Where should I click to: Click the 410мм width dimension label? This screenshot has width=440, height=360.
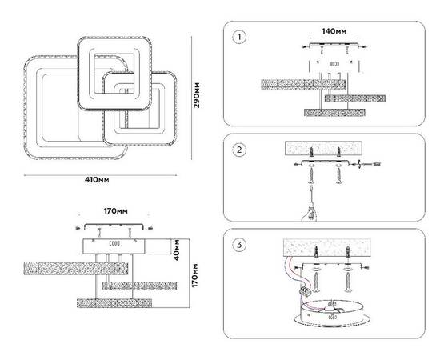click(97, 179)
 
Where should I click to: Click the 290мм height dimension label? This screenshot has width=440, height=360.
click(197, 95)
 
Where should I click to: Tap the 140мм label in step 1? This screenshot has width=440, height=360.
click(334, 31)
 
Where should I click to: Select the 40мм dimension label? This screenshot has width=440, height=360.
click(177, 250)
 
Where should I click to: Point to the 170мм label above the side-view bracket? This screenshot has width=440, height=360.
click(116, 210)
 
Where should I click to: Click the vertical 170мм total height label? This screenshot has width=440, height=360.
click(195, 275)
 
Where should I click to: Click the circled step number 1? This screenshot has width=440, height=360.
click(239, 38)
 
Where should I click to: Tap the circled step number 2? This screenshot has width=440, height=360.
click(239, 150)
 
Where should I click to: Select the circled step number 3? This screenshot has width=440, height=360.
click(239, 245)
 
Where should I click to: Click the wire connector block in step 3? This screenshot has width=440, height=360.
click(306, 290)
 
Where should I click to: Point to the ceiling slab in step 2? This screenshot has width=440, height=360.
click(323, 149)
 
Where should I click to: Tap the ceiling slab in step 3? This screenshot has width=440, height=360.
click(327, 247)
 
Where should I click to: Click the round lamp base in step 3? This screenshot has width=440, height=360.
click(332, 314)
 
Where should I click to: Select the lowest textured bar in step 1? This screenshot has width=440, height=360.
click(334, 113)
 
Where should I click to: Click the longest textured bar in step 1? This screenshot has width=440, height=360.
click(303, 85)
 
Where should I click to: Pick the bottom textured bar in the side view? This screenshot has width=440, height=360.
click(114, 303)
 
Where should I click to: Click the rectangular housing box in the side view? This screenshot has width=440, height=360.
click(114, 246)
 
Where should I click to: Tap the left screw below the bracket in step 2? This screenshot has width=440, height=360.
click(311, 175)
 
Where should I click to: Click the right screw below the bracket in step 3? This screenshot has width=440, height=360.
click(348, 282)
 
